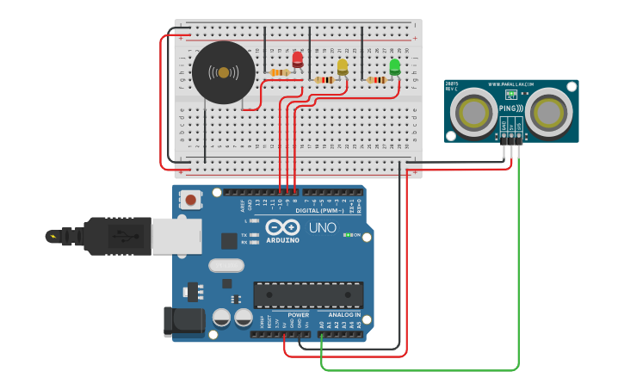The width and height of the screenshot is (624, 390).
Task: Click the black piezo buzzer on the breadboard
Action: click(223, 73)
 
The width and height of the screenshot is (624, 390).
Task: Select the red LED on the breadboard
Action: click(298, 59)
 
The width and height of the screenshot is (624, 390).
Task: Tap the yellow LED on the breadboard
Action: click(343, 66)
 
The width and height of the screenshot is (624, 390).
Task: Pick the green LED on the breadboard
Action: click(394, 66)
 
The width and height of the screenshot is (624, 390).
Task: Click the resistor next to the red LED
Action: click(279, 72)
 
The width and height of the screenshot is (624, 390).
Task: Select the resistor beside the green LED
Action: click(376, 81)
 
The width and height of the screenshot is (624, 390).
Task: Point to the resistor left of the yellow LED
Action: click(324, 80)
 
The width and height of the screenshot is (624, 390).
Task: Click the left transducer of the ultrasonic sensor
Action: click(473, 112)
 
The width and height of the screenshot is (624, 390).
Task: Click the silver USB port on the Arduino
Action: click(176, 236)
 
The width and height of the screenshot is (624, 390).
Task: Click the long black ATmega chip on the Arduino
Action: click(307, 294)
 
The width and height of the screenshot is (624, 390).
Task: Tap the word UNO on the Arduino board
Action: click(323, 228)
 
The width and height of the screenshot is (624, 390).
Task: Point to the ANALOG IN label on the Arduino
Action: click(341, 315)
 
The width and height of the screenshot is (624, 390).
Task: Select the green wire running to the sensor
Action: click(519, 275)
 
